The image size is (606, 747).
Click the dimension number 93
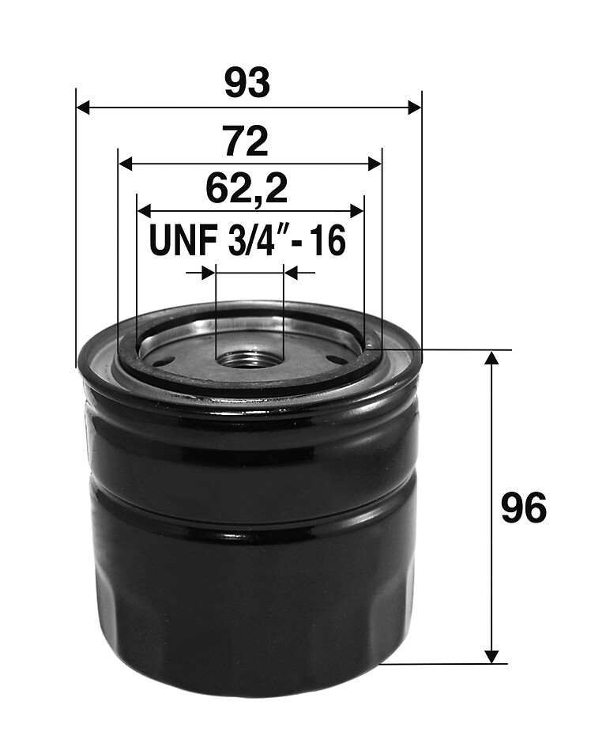(x=247, y=83)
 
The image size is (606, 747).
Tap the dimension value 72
(x=247, y=141)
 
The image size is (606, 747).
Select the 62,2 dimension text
(x=247, y=190)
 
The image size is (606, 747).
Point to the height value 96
(x=524, y=508)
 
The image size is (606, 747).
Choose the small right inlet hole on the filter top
(x=333, y=360)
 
